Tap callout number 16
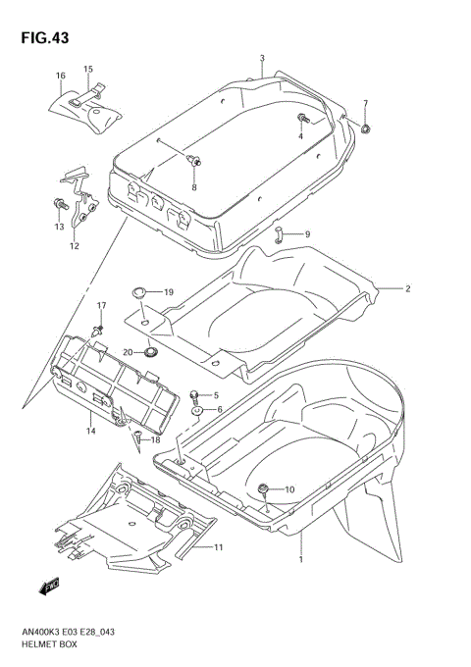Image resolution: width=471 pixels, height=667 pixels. [60, 76]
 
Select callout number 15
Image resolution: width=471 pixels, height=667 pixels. [87, 69]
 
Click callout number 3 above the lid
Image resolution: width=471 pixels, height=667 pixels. [262, 59]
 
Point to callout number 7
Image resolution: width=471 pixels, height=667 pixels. [365, 104]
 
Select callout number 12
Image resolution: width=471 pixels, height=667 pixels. [74, 246]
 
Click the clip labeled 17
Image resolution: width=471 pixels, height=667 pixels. [99, 330]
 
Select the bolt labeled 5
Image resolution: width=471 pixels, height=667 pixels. [194, 394]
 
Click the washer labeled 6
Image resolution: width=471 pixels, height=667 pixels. [196, 410]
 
